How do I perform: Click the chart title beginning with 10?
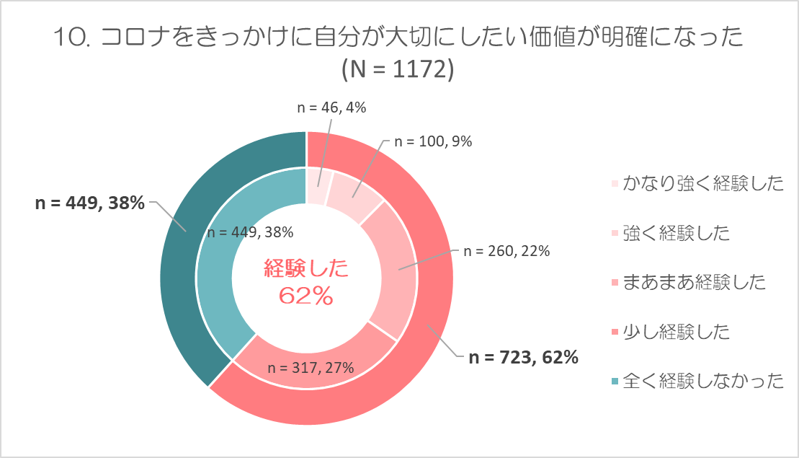(398, 38)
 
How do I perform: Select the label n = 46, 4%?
(332, 107)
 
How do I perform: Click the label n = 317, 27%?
(311, 367)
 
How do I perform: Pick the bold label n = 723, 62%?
(524, 357)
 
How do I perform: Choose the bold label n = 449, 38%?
(90, 203)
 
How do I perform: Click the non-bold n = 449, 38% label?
(249, 232)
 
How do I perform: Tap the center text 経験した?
(306, 270)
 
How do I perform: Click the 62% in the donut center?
(306, 295)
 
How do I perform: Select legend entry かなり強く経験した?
(702, 183)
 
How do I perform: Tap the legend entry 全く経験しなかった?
(702, 381)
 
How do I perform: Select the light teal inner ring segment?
(216, 289)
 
